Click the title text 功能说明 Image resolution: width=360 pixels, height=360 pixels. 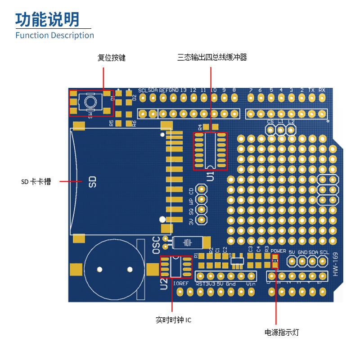tap(47, 19)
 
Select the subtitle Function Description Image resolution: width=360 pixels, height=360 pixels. tap(54, 35)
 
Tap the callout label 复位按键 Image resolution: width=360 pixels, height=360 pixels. tap(112, 58)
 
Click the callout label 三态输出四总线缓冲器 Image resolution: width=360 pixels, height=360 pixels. tap(212, 57)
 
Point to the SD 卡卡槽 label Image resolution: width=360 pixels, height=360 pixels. tap(36, 182)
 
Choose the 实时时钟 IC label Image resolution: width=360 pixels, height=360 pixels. tap(173, 320)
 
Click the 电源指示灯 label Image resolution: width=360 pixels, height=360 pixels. tap(281, 333)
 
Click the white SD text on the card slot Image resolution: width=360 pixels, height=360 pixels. tap(92, 182)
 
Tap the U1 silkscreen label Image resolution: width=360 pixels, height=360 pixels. tap(210, 176)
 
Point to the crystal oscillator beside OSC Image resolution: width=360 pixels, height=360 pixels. tap(186, 243)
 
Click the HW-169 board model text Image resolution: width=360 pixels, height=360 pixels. tap(335, 265)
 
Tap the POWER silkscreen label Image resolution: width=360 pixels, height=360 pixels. tap(279, 251)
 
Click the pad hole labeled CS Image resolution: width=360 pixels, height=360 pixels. tap(270, 130)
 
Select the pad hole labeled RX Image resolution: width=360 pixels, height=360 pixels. tap(322, 113)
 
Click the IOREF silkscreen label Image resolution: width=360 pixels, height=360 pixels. tap(181, 283)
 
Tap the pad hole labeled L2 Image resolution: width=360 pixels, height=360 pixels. tap(291, 130)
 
